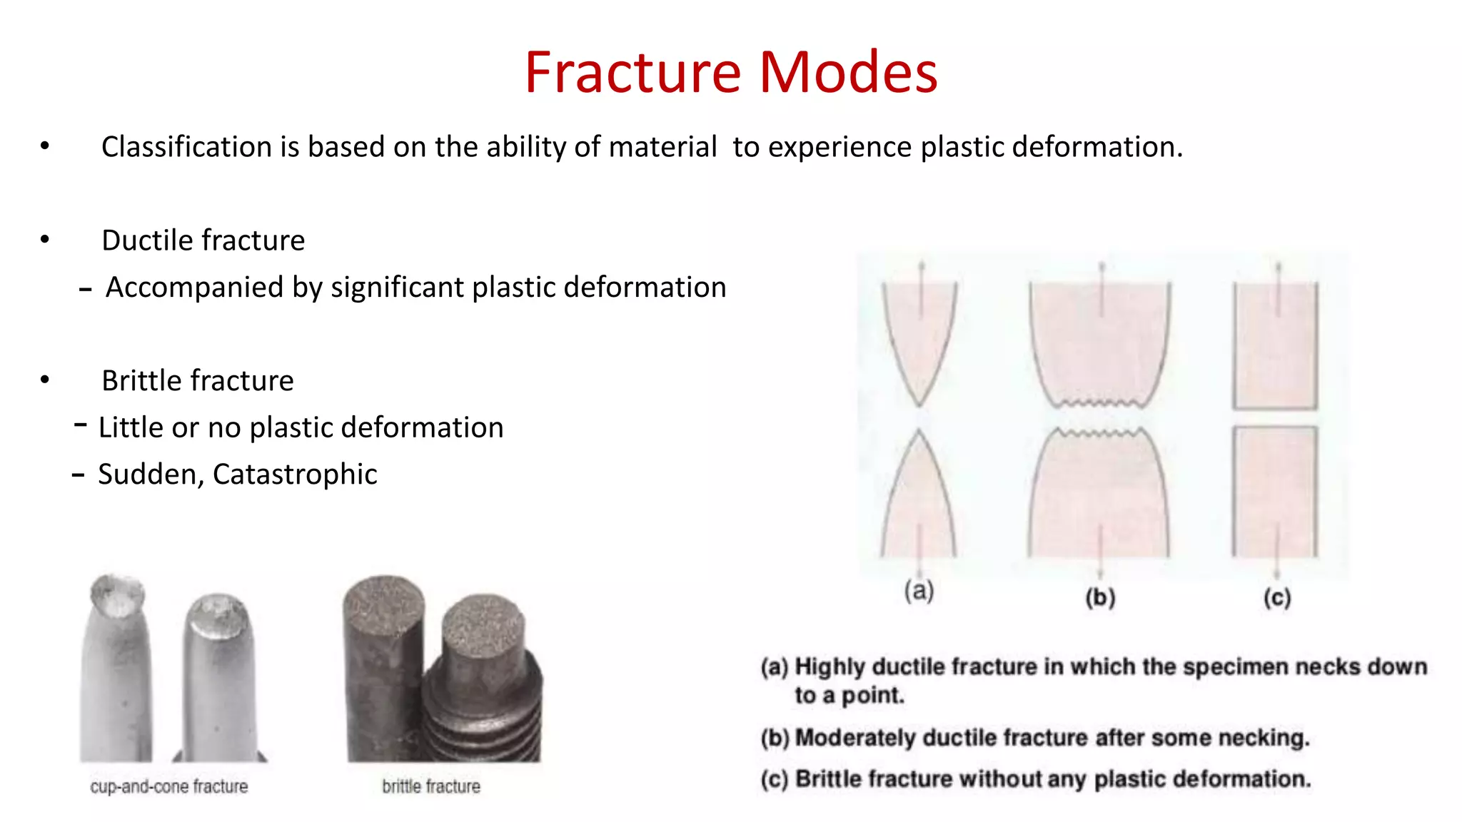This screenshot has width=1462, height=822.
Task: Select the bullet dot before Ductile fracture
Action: pyautogui.click(x=45, y=240)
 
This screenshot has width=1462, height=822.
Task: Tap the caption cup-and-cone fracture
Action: pyautogui.click(x=169, y=786)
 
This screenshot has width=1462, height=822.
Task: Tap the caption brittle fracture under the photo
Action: pyautogui.click(x=431, y=786)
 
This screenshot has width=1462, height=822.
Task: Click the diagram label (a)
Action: pyautogui.click(x=919, y=591)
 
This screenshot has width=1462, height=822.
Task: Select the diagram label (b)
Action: pyautogui.click(x=1100, y=597)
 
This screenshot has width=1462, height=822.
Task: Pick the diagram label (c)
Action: pyautogui.click(x=1277, y=597)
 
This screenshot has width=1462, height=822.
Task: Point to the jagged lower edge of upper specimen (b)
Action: pyautogui.click(x=1099, y=403)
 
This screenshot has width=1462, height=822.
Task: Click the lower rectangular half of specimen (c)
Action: pyautogui.click(x=1275, y=492)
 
